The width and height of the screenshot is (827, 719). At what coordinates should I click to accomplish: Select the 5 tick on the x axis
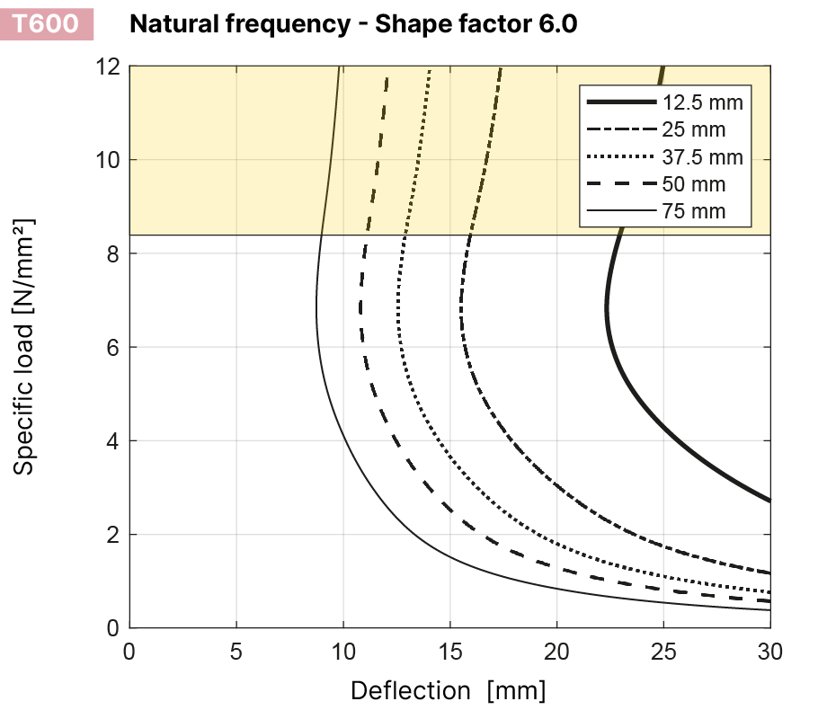point(236,650)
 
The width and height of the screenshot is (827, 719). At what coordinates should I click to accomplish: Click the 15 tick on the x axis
point(449,650)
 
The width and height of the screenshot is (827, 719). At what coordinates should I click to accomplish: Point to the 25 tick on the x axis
point(663,650)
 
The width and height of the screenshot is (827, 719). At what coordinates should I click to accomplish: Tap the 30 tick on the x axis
point(769,650)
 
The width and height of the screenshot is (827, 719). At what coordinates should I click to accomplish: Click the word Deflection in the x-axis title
point(410,691)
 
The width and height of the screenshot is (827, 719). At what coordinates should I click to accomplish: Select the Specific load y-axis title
point(25,346)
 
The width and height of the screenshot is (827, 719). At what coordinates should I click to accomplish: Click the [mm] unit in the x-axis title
point(516,691)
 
